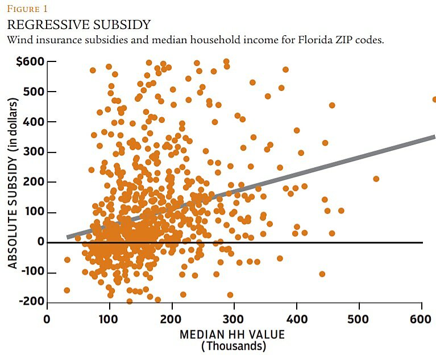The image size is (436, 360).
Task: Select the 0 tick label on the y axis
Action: click(41, 243)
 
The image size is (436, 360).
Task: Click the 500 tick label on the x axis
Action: click(359, 319)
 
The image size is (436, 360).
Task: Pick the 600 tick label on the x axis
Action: click(422, 319)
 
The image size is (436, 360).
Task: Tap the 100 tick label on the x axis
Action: click(109, 319)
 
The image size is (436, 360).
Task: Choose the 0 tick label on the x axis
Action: click(47, 319)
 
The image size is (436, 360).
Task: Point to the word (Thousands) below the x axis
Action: click(234, 346)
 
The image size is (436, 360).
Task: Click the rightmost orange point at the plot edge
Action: click(435, 100)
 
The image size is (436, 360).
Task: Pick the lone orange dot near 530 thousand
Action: click(376, 179)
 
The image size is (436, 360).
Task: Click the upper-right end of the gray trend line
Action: click(433, 137)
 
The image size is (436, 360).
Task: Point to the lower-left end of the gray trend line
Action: click(68, 237)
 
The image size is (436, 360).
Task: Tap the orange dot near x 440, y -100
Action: click(322, 274)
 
